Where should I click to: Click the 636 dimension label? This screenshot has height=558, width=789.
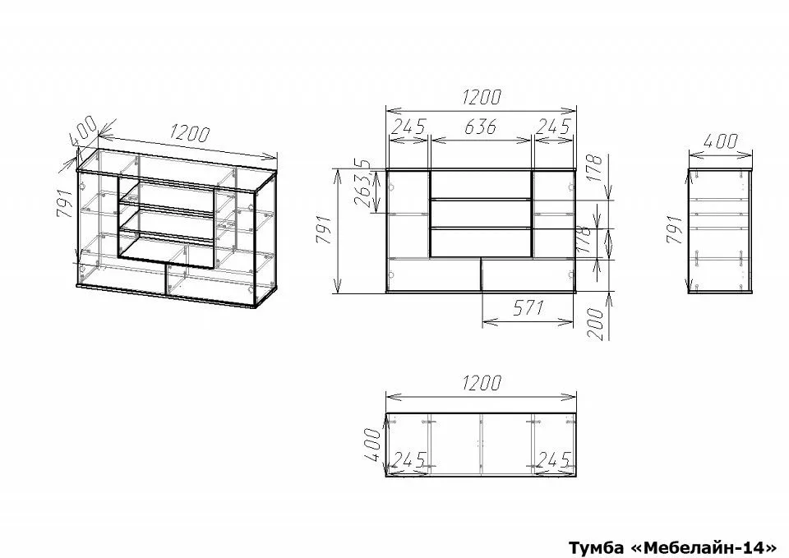coord(481,127)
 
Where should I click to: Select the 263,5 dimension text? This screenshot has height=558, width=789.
coord(363,184)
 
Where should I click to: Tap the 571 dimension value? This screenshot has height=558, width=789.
coord(528,308)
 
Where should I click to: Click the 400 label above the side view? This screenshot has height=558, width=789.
coord(721,141)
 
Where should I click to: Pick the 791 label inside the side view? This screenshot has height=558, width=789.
coord(675,229)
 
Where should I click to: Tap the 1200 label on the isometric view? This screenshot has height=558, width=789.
coord(189,133)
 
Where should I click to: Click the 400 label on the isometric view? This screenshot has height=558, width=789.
coord(84,129)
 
